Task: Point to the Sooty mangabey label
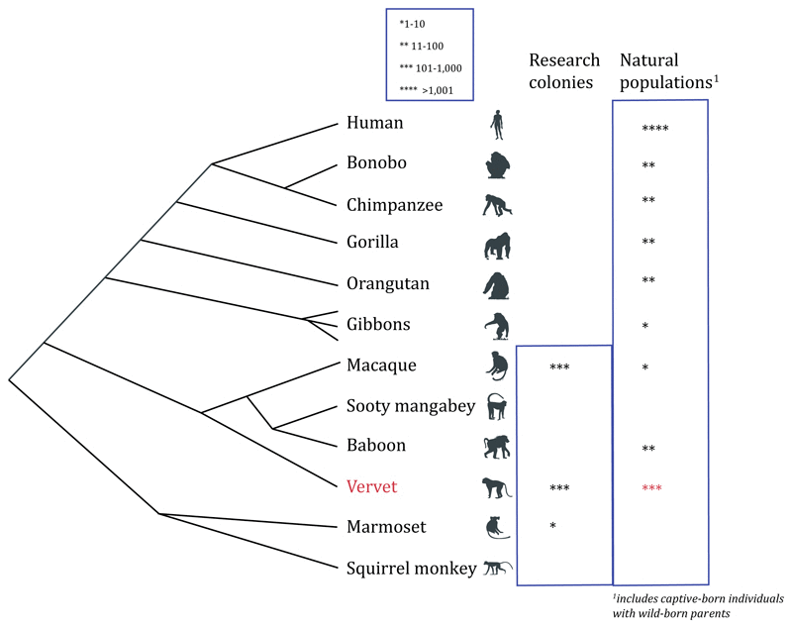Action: [411, 405]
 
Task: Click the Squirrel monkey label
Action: [412, 569]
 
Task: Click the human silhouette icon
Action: [497, 125]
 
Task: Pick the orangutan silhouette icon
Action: [496, 284]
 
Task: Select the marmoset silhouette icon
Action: [496, 527]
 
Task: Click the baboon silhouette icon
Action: [497, 447]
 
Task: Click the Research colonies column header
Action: [561, 70]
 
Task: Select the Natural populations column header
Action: [665, 70]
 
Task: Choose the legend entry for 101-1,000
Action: [429, 68]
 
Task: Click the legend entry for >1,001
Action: [429, 88]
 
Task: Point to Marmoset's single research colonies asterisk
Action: [551, 526]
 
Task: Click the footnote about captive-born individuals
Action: [699, 607]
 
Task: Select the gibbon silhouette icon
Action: [497, 325]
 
